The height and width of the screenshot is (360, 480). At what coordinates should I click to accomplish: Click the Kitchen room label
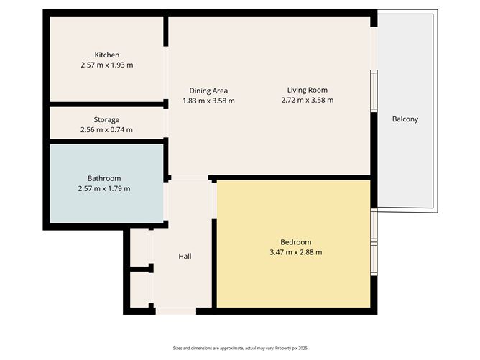107,55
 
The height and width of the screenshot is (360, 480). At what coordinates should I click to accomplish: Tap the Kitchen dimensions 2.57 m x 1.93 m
107,65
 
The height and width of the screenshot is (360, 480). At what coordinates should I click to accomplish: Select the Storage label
106,120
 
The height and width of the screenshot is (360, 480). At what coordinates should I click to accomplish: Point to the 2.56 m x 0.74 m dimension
106,130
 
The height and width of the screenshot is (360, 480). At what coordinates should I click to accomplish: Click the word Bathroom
104,178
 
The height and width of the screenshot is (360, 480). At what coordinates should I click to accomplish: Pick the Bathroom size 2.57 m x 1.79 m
104,188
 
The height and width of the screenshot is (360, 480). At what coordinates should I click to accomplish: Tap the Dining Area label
208,91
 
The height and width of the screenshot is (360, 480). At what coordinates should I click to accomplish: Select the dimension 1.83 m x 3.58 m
208,101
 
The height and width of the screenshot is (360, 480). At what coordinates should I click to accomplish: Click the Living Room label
308,91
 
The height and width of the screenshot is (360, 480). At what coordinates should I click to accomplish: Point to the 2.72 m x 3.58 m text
308,100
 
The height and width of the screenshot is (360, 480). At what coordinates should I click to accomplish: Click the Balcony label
405,119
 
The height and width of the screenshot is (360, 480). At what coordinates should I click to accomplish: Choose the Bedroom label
296,242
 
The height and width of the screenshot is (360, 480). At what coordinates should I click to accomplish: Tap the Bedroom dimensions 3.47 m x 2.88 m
296,252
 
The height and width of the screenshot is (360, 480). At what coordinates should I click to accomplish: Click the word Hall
185,257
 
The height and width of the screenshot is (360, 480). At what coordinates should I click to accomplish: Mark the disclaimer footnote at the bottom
240,348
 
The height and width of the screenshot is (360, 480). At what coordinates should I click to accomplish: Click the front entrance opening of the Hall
176,311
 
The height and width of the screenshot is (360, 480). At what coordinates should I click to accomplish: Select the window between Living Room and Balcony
374,91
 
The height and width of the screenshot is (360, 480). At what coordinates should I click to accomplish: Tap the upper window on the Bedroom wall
374,225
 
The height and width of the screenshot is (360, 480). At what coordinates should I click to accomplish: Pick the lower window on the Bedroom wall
374,259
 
